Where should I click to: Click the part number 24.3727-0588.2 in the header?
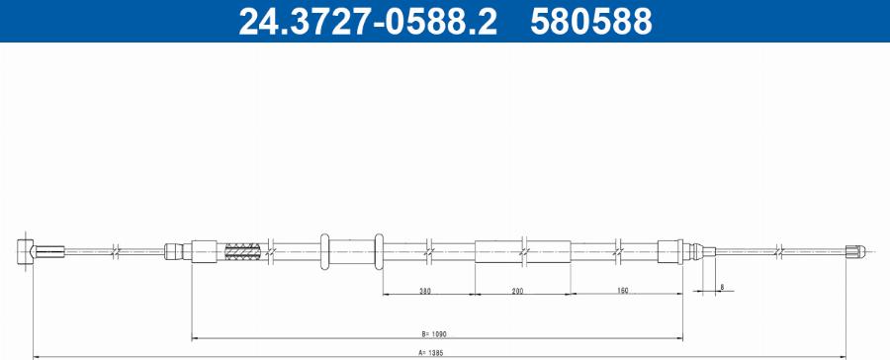coord(366,22)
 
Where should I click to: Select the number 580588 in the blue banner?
coord(590,22)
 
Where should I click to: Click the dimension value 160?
coord(622,291)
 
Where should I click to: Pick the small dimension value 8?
coord(722,287)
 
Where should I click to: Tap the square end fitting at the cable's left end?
coord(26,250)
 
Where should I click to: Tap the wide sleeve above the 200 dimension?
coord(523,251)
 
